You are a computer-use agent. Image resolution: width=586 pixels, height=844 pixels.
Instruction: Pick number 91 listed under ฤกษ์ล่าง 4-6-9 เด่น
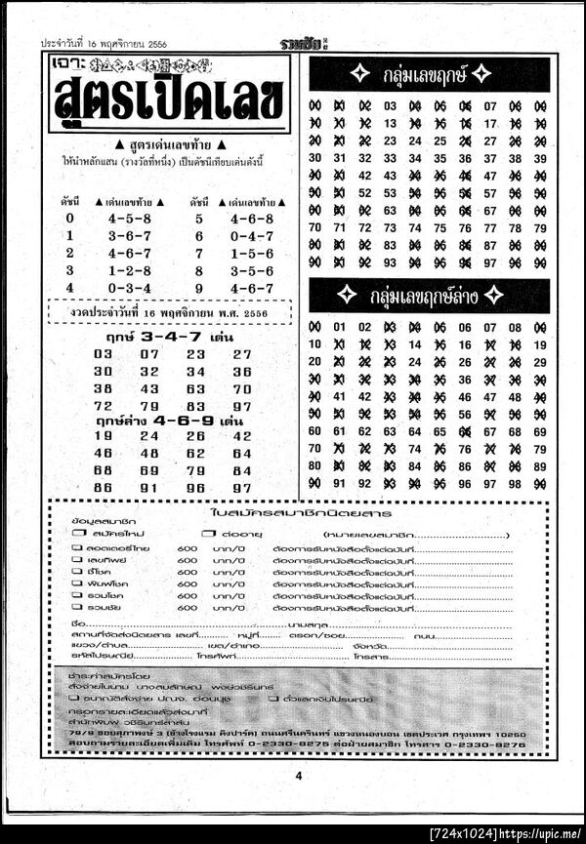[148, 488]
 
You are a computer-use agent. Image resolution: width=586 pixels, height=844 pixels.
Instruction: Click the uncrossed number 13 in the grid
[391, 124]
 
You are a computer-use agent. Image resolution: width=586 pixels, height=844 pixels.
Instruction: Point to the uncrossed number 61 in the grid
[340, 430]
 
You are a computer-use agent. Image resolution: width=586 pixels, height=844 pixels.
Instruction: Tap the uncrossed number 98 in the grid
[516, 482]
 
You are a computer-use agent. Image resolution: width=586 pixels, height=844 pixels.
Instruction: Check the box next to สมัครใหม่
[76, 535]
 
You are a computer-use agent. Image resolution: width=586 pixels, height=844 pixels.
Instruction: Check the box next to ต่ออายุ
[207, 535]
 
